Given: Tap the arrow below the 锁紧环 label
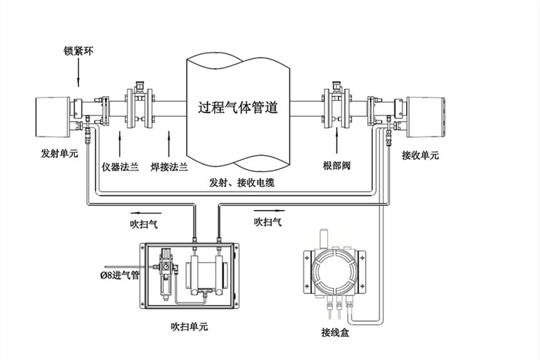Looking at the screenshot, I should coord(78,75).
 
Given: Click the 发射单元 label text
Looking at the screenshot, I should coord(59,153).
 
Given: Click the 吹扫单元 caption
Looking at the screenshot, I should coord(189,327).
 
